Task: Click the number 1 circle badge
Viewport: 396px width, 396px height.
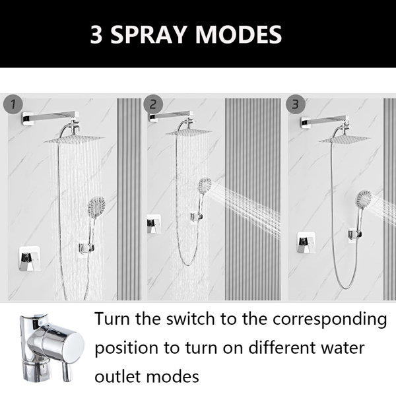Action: coord(13,104)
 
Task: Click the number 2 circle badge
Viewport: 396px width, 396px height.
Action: coord(153,104)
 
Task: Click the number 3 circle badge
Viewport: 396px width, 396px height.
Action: coord(296,104)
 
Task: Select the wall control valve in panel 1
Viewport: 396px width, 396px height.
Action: coord(30,259)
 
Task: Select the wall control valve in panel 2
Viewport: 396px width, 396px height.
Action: coord(154,224)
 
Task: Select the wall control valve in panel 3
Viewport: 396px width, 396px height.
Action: coord(306,242)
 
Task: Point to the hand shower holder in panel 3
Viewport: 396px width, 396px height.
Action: coord(356,234)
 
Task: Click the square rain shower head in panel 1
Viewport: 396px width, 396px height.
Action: coord(74,139)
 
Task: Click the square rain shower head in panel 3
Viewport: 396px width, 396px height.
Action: coord(345,139)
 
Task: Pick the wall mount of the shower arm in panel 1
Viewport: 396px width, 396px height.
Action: coord(27,119)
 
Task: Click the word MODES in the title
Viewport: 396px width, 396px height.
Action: coord(238,34)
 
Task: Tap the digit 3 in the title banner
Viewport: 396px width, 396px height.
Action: coord(96,34)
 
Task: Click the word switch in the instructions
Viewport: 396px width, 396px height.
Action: coord(191,319)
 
